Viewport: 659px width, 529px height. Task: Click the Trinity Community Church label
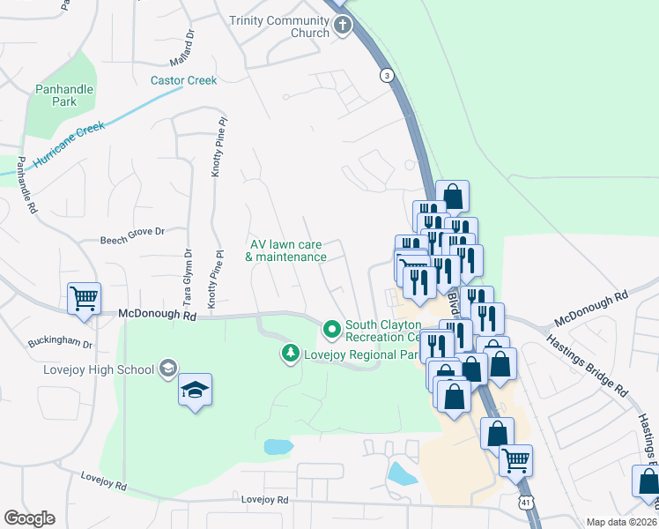pyautogui.click(x=278, y=26)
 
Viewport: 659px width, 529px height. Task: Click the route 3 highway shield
pyautogui.click(x=386, y=77)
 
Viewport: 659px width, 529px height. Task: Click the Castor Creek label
pyautogui.click(x=183, y=80)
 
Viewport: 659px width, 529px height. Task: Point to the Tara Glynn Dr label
pyautogui.click(x=188, y=278)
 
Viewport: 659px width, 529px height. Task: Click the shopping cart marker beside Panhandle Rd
pyautogui.click(x=84, y=298)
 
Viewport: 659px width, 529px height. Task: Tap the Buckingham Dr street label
pyautogui.click(x=60, y=342)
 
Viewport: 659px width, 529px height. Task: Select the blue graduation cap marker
pyautogui.click(x=196, y=391)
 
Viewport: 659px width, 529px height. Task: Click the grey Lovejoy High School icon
pyautogui.click(x=168, y=369)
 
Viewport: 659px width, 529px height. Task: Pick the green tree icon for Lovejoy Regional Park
pyautogui.click(x=289, y=354)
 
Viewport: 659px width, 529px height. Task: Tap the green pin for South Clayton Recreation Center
pyautogui.click(x=331, y=330)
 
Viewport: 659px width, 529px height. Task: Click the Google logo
pyautogui.click(x=29, y=518)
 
